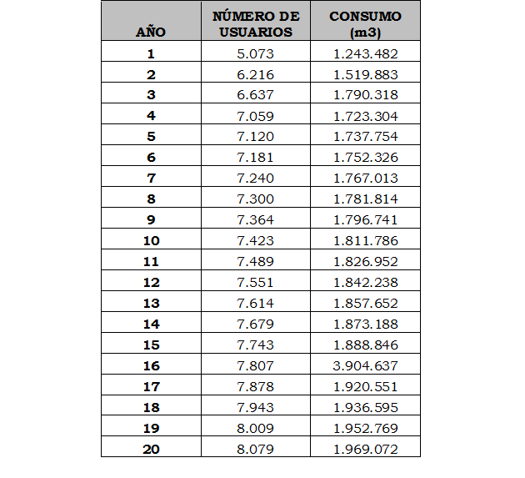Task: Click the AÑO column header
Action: tap(151, 33)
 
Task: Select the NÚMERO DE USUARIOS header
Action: tap(255, 24)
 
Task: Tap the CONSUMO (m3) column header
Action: tap(365, 24)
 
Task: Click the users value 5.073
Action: tap(255, 53)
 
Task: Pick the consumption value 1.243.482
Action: tap(365, 53)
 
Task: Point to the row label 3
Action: tap(151, 95)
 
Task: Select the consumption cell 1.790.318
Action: tap(365, 95)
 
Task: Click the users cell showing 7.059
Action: tap(255, 116)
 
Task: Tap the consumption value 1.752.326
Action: tap(365, 158)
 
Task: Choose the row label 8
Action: tap(151, 199)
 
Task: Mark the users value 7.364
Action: tap(255, 220)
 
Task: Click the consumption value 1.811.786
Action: tap(365, 241)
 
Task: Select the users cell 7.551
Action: tap(255, 283)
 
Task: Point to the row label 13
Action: tap(151, 304)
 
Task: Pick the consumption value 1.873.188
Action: tap(365, 325)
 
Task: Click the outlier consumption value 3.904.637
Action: tap(365, 366)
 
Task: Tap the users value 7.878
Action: tap(255, 387)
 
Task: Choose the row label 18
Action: tap(151, 408)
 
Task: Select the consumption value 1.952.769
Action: tap(365, 429)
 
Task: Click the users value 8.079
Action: tap(255, 450)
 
